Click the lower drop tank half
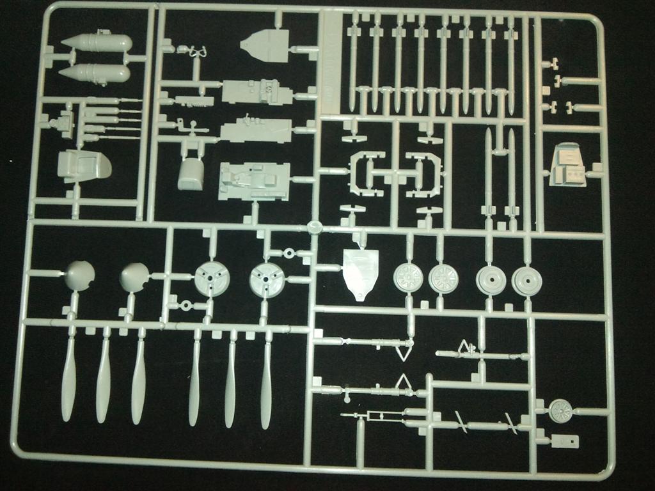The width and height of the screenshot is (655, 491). (96, 73)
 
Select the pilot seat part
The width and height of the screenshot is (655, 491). (83, 166)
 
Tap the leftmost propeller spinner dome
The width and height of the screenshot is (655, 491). (80, 276)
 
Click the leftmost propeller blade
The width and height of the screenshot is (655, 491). (69, 380)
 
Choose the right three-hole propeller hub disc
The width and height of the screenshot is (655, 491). (266, 280)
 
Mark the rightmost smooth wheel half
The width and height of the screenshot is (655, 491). (527, 281)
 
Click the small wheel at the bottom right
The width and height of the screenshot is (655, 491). (561, 410)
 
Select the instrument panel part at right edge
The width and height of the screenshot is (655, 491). (567, 165)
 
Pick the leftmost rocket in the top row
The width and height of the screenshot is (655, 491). (353, 64)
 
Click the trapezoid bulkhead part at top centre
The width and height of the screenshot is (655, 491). (266, 45)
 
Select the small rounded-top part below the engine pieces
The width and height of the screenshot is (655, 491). (190, 175)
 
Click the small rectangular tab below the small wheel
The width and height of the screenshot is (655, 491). (564, 440)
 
